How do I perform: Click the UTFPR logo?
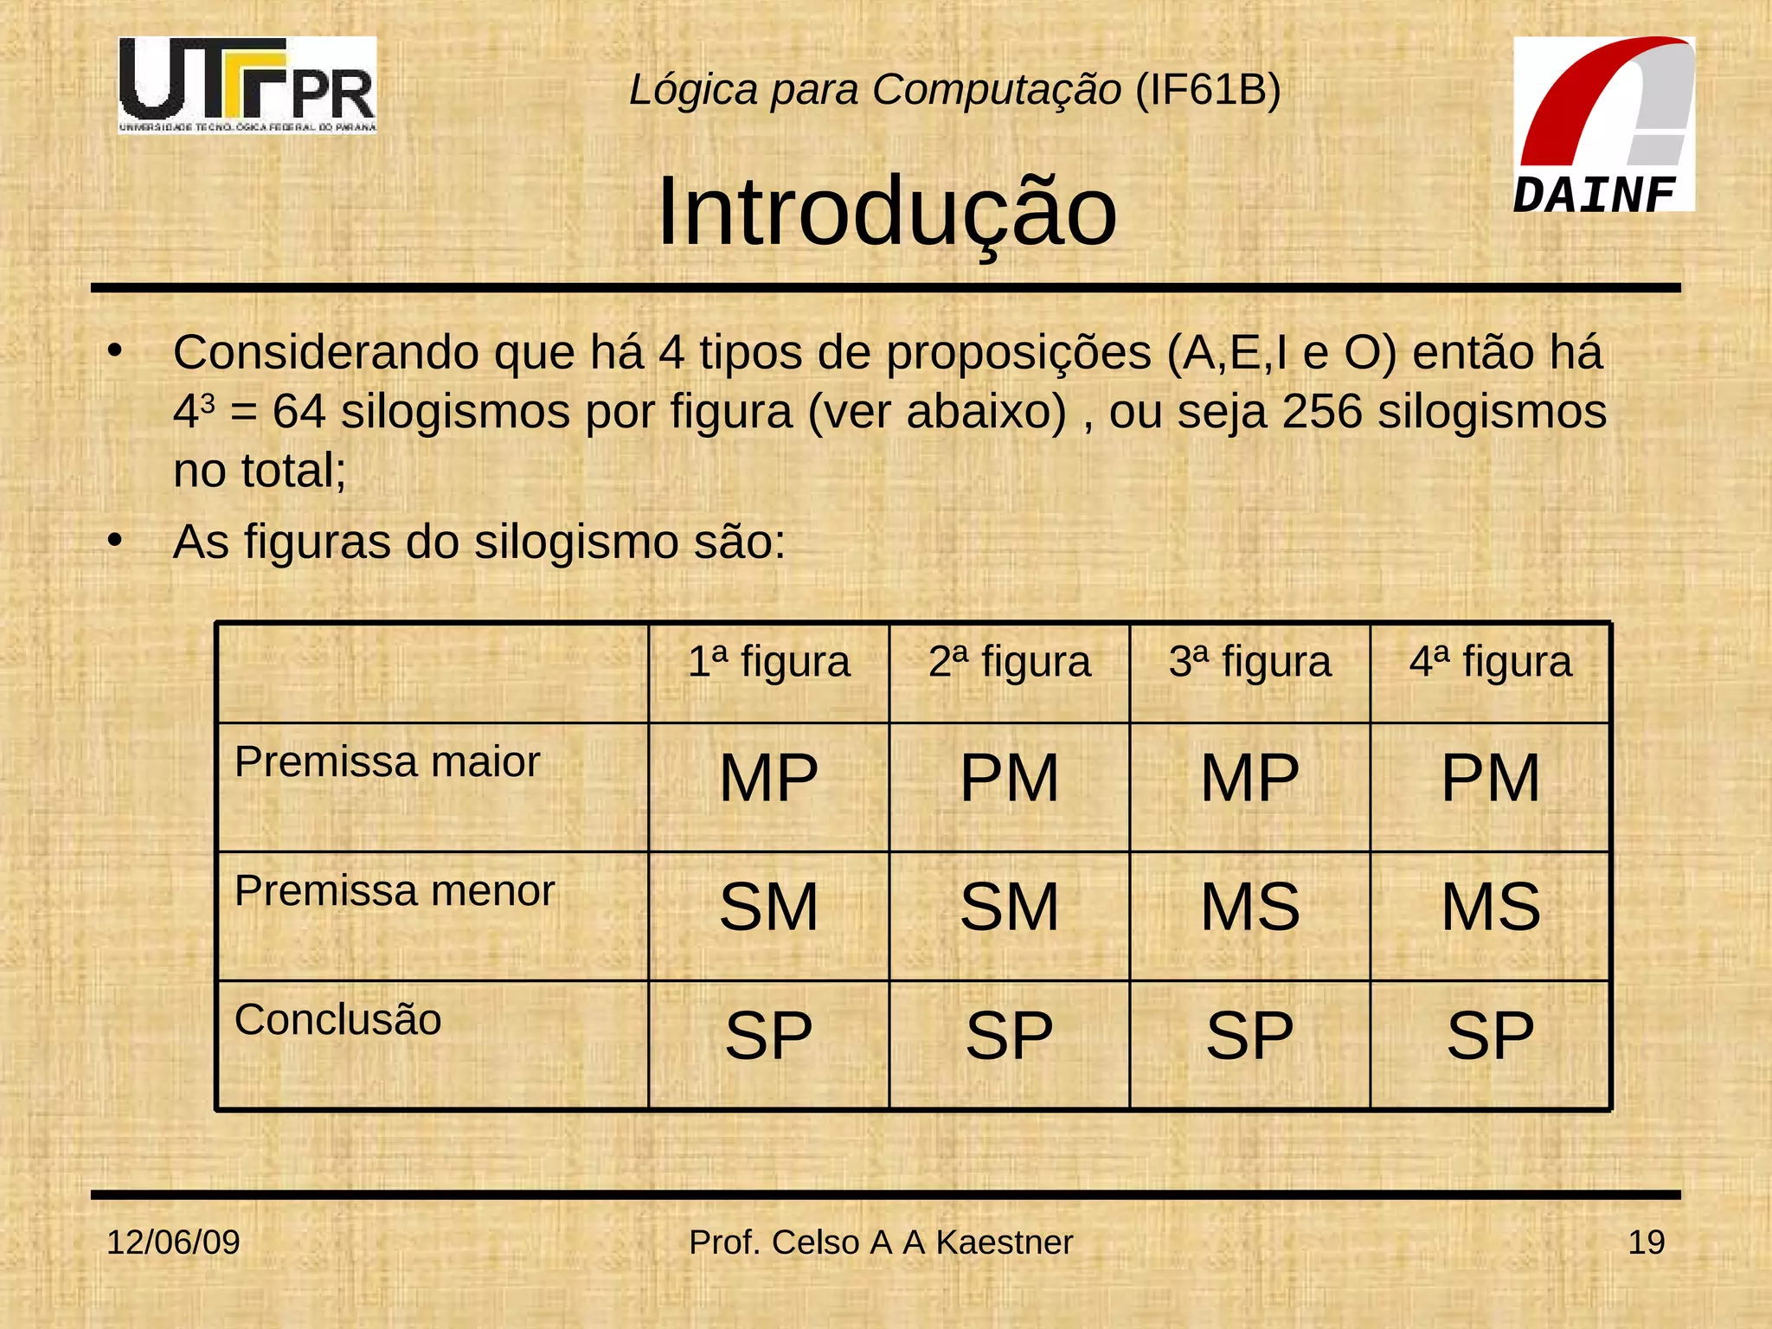(x=247, y=85)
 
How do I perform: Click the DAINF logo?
(x=1603, y=124)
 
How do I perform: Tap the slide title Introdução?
(x=887, y=213)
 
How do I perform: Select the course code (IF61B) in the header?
(x=1208, y=89)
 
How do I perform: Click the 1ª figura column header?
(x=768, y=663)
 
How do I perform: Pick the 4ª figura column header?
(x=1490, y=663)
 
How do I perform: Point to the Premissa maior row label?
(x=387, y=762)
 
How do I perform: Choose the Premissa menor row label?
(x=395, y=891)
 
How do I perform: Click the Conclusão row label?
(x=337, y=1019)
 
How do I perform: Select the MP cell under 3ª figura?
(x=1249, y=778)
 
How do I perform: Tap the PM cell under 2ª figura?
(x=1009, y=778)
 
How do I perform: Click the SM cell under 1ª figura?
(x=768, y=907)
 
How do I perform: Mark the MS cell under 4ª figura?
(x=1490, y=907)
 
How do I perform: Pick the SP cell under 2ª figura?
(x=1009, y=1036)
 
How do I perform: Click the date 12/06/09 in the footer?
(x=173, y=1242)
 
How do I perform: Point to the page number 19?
(x=1646, y=1242)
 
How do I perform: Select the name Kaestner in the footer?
(x=1004, y=1242)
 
